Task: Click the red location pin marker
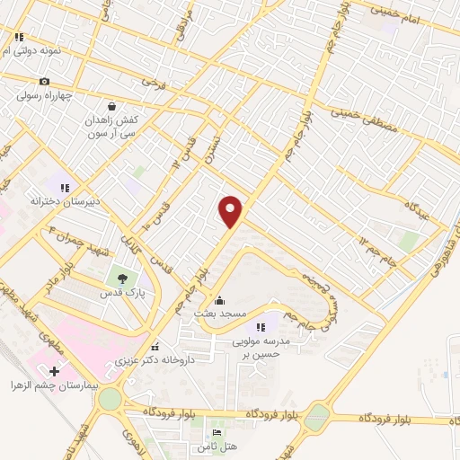(231, 210)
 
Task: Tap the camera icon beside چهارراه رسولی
(44, 82)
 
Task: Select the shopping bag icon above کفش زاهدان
(111, 105)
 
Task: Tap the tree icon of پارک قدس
(122, 279)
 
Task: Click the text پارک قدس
(123, 294)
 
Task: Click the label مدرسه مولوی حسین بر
(260, 348)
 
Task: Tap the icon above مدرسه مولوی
(261, 327)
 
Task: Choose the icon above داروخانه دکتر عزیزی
(155, 347)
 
